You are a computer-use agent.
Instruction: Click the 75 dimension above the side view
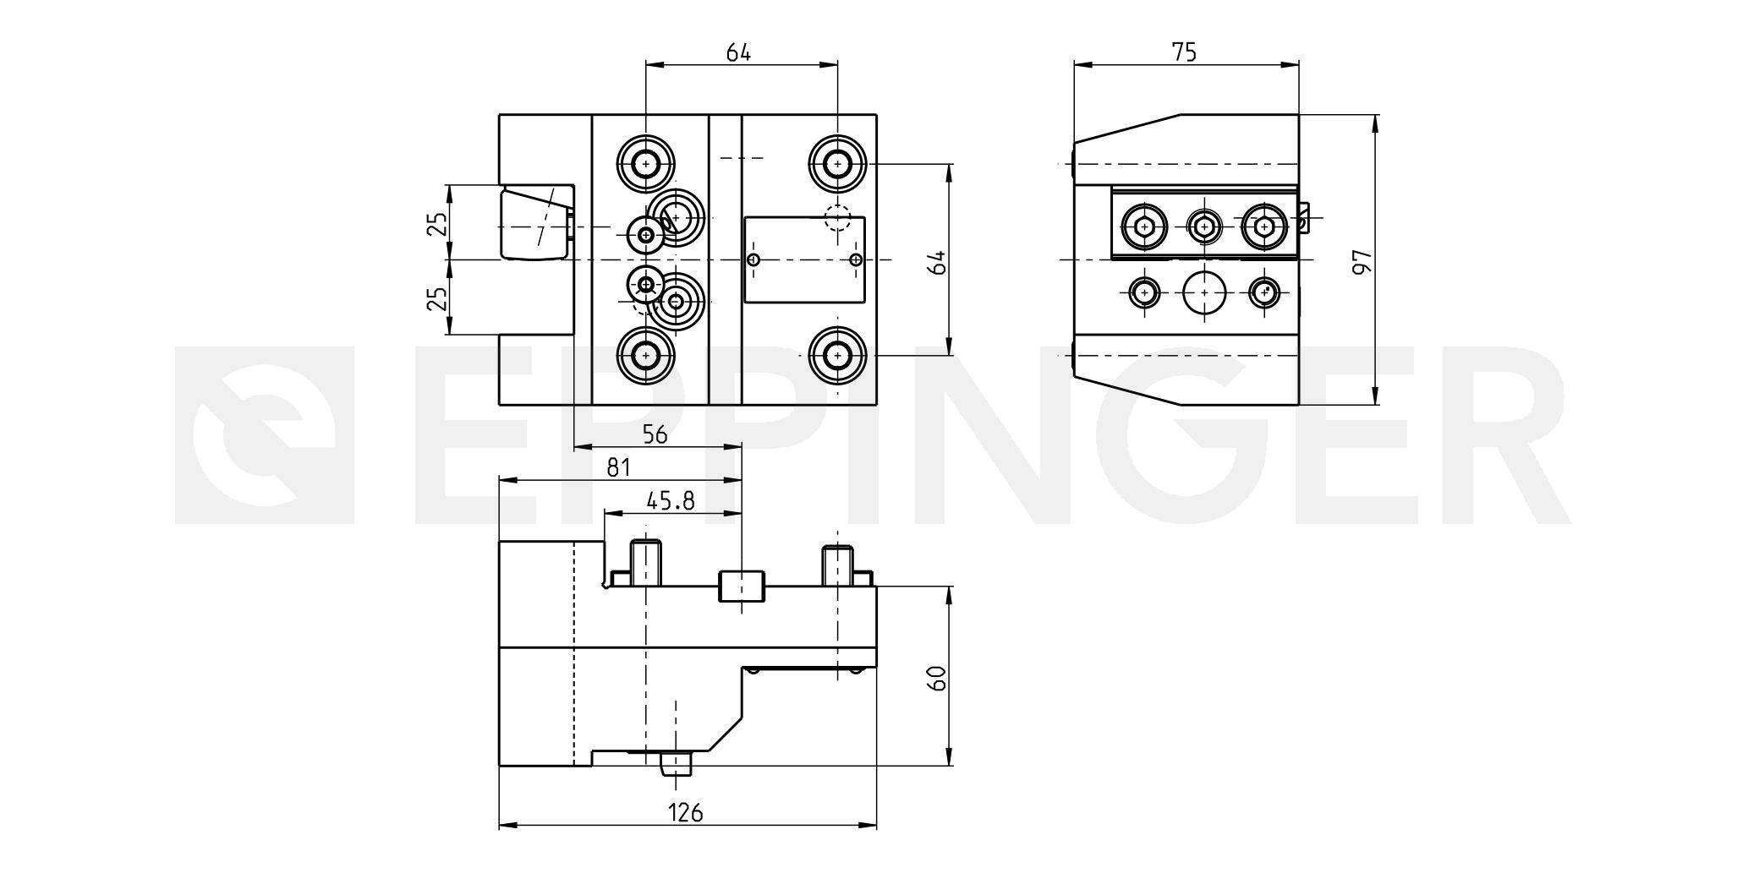(x=1185, y=52)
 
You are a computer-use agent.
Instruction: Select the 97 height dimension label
(x=1361, y=262)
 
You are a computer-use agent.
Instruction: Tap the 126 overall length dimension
(x=686, y=813)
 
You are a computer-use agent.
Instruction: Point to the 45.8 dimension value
(x=671, y=501)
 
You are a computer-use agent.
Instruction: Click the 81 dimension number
(x=619, y=467)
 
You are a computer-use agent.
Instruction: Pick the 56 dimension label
(x=655, y=434)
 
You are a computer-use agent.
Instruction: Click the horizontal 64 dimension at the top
(x=739, y=52)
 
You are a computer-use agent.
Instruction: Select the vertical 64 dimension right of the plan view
(x=936, y=261)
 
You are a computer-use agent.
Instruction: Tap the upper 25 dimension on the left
(x=436, y=224)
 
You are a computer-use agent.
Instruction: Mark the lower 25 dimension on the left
(x=436, y=298)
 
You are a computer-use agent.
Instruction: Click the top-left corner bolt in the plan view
(x=646, y=162)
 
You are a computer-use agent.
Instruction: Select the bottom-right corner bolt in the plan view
(x=837, y=356)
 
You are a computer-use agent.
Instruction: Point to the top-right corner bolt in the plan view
(x=837, y=162)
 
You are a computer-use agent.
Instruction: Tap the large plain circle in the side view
(x=1204, y=292)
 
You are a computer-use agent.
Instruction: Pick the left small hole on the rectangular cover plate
(x=755, y=259)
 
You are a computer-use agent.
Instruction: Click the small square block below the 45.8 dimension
(x=742, y=586)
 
